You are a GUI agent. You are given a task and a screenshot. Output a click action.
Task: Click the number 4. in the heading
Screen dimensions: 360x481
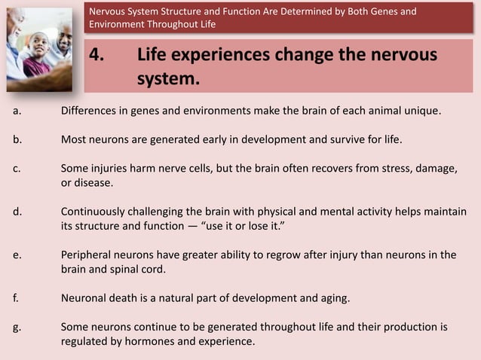tap(98, 57)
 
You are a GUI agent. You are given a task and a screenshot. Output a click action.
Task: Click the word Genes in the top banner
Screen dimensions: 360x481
tap(382, 11)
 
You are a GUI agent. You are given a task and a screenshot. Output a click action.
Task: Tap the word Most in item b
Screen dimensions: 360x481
tap(74, 140)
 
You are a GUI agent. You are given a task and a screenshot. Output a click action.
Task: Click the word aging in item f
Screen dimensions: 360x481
tap(334, 298)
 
